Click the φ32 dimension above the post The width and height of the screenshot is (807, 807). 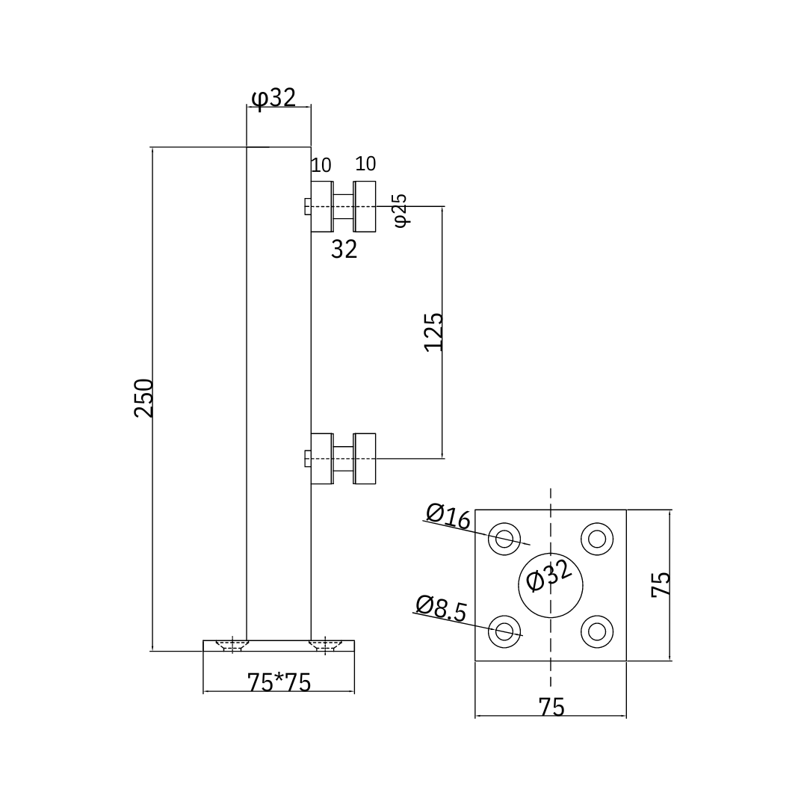click(x=273, y=98)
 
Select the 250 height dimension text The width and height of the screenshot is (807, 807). click(x=143, y=398)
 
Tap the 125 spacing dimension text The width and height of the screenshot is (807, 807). click(x=433, y=332)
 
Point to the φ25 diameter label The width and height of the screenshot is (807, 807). click(x=400, y=210)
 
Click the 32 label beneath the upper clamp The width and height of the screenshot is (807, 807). click(x=344, y=250)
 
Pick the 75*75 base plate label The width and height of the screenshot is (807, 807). click(x=279, y=682)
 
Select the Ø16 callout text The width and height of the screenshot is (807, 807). click(x=448, y=516)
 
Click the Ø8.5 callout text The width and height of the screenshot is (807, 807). click(x=441, y=608)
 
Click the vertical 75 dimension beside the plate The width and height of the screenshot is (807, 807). click(x=661, y=584)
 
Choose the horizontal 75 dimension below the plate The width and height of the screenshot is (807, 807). click(x=551, y=707)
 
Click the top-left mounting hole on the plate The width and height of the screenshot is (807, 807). click(x=504, y=539)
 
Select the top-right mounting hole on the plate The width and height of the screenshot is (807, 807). click(x=597, y=539)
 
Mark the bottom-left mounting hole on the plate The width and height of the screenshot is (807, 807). click(x=504, y=631)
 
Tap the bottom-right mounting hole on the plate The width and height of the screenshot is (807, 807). click(x=597, y=631)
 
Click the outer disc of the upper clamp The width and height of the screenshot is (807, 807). click(x=365, y=206)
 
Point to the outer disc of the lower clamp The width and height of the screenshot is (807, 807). click(x=365, y=458)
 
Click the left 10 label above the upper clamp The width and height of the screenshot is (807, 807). click(x=321, y=165)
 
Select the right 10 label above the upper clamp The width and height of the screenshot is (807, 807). click(x=365, y=164)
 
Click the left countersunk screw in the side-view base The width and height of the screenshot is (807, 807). click(x=232, y=645)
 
